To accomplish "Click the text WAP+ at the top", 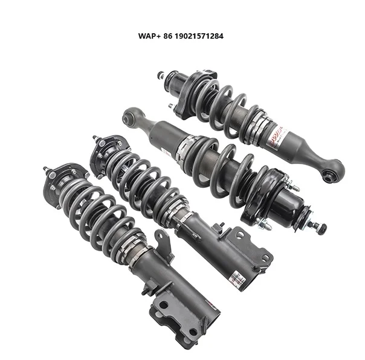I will [149, 36].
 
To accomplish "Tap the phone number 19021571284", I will [198, 36].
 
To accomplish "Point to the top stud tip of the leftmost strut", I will [45, 169].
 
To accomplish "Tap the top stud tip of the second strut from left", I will [95, 138].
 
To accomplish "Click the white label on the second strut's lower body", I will [239, 277].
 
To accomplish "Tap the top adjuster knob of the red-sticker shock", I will [161, 76].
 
